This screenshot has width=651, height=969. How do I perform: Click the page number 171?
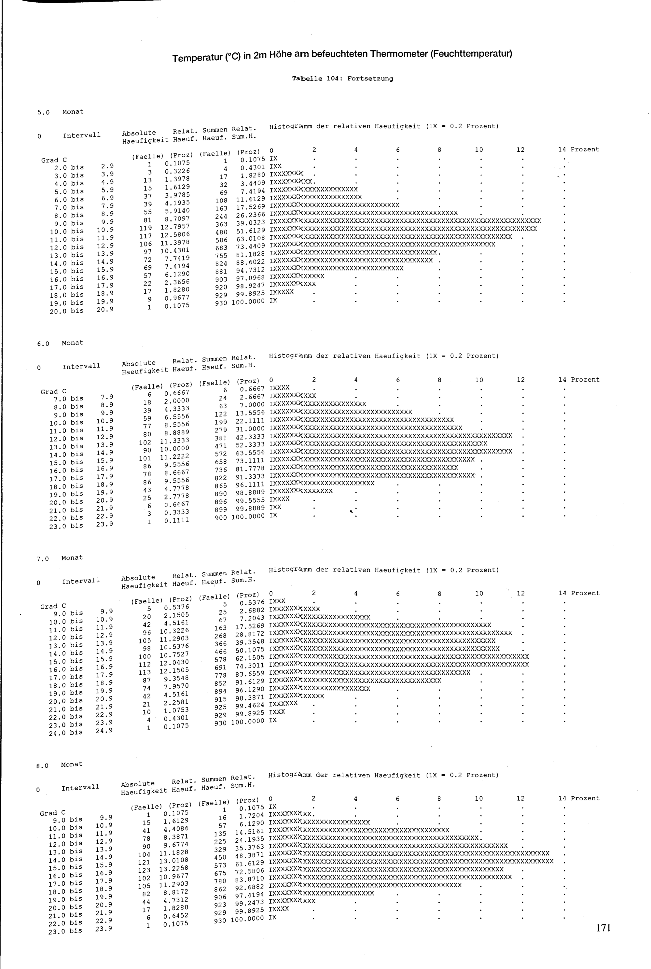point(603,927)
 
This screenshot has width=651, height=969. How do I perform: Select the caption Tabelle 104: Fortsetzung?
point(342,78)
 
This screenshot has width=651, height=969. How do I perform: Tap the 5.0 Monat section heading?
point(61,112)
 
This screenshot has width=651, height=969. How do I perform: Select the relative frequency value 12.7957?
point(175,227)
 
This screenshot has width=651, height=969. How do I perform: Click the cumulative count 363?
point(221,224)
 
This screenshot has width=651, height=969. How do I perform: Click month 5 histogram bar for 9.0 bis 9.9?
point(405,220)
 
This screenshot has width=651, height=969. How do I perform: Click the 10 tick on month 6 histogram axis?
point(479,380)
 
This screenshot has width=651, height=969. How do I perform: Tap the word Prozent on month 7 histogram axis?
point(585,593)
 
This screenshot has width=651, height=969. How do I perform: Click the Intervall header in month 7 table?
point(81,581)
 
